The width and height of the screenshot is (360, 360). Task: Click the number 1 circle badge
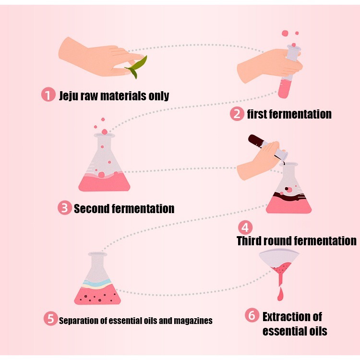pyautogui.click(x=48, y=95)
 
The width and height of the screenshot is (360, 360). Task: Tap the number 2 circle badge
pyautogui.click(x=237, y=114)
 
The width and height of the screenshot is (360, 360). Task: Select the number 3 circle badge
pyautogui.click(x=64, y=208)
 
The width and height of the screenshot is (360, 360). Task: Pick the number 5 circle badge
pyautogui.click(x=49, y=319)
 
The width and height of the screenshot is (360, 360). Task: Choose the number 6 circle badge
pyautogui.click(x=252, y=316)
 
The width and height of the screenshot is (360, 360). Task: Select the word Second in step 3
pyautogui.click(x=91, y=209)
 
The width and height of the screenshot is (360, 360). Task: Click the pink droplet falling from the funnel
pyautogui.click(x=281, y=293)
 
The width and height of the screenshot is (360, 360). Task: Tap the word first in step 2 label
pyautogui.click(x=257, y=114)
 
